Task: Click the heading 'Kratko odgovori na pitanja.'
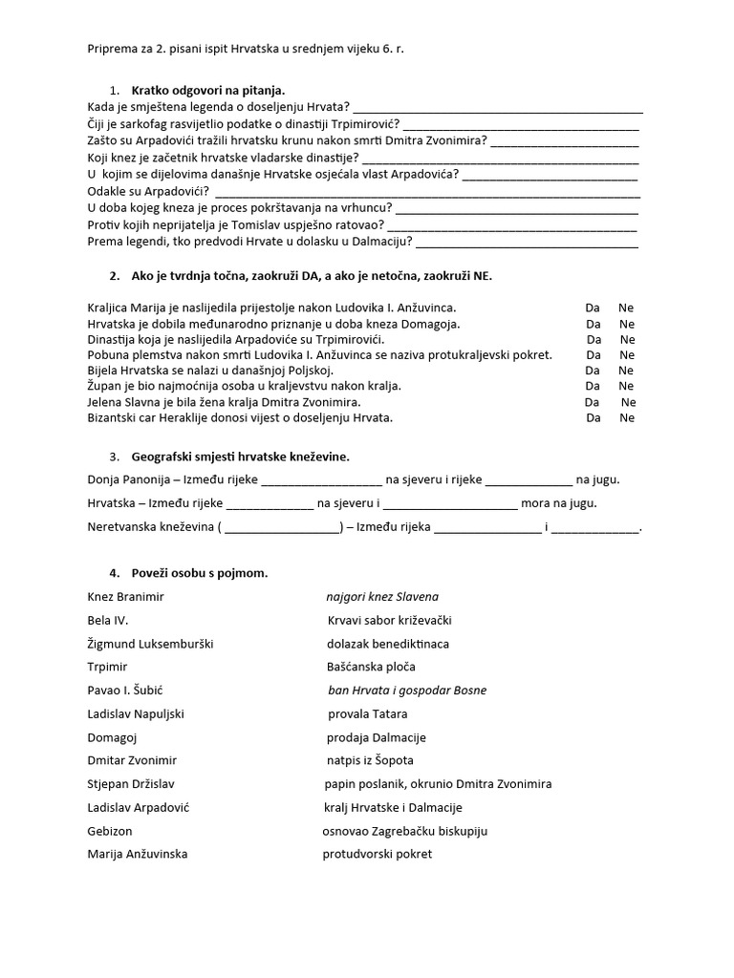point(208,90)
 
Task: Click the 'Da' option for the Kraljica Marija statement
point(593,308)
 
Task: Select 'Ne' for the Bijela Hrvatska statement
point(626,371)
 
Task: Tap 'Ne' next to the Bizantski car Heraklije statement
point(627,417)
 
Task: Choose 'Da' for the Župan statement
point(593,386)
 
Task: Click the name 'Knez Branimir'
point(125,596)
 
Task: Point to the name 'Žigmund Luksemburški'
point(150,643)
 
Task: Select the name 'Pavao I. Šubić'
point(132,690)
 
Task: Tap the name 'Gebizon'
point(110,831)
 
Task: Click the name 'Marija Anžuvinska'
point(138,854)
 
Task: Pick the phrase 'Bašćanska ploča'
point(371,667)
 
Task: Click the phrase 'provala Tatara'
point(367,713)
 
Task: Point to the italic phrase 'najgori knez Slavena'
point(382,596)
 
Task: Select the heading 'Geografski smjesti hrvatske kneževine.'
point(241,457)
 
